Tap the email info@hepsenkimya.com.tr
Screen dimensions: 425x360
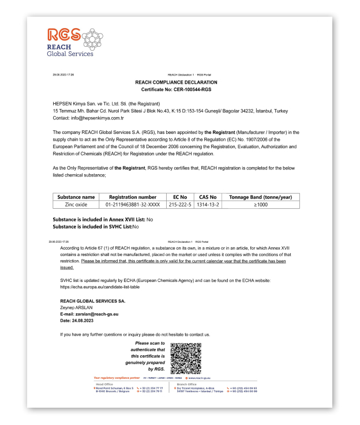click(x=95, y=117)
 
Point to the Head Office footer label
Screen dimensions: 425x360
click(x=106, y=384)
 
